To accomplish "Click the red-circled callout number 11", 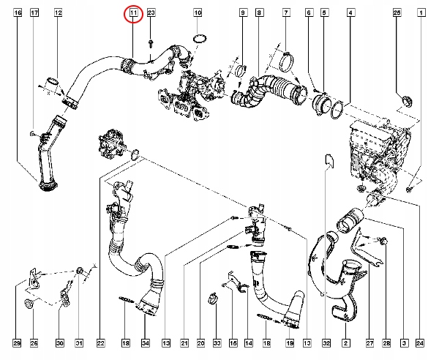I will click(133, 13).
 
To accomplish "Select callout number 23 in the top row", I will click(151, 13).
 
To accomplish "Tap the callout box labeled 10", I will click(198, 13).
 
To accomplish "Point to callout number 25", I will click(397, 13).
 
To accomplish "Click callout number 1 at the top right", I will click(421, 13).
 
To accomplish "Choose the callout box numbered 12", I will click(59, 13).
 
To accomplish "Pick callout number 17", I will click(34, 13).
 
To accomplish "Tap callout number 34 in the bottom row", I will click(145, 342).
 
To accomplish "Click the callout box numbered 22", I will click(101, 342).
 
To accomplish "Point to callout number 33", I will click(217, 342).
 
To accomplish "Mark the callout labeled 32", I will click(326, 342).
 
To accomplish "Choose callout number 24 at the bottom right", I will click(420, 342).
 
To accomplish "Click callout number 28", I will click(386, 342).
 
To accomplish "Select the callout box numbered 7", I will click(286, 13).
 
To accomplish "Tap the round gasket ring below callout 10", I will click(198, 38).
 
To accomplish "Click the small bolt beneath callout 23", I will click(149, 42).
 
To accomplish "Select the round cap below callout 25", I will click(405, 99).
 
